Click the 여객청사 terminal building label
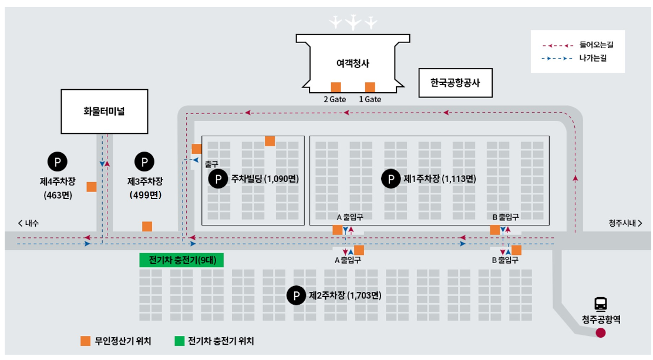pos(352,63)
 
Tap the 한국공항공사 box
pos(455,83)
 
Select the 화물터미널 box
pos(105,111)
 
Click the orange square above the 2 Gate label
pos(336,88)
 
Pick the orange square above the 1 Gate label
pos(370,88)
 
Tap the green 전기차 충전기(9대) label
pos(181,260)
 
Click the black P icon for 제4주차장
pos(57,160)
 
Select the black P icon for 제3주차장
pos(144,160)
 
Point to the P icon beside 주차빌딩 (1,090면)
pos(218,179)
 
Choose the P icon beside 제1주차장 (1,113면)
pos(391,179)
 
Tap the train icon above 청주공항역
pos(601,304)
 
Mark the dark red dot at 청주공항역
pos(601,333)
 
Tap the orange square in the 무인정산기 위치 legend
pos(86,341)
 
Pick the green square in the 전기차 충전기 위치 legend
pos(179,341)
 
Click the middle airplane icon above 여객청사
pos(353,23)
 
